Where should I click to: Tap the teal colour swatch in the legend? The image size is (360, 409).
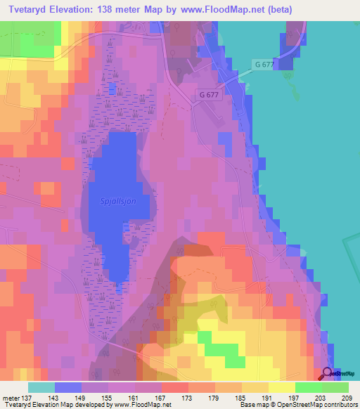coord(41,387)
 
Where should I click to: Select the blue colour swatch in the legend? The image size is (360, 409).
coord(67,387)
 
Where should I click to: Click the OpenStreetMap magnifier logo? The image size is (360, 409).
coord(327,375)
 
